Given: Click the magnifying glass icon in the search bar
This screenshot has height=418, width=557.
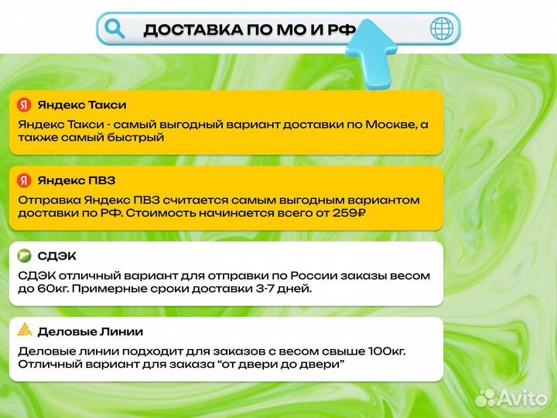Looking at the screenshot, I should tap(114, 29).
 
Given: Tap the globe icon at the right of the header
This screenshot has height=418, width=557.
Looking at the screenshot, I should tap(442, 29).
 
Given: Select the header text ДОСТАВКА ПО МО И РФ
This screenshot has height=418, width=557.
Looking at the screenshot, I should tap(249, 30).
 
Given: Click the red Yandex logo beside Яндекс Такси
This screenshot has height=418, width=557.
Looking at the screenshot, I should tap(24, 105).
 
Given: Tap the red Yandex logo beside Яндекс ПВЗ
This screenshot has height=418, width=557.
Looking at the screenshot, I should tap(24, 180).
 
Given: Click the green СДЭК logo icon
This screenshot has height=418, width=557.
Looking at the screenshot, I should tap(24, 256).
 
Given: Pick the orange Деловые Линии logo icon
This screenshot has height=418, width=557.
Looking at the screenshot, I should tap(24, 331).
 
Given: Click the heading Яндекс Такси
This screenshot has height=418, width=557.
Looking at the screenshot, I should tap(82, 105).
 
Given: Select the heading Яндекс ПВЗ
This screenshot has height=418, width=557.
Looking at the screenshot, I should tap(77, 180).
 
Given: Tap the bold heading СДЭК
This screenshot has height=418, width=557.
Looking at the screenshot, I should tap(57, 256).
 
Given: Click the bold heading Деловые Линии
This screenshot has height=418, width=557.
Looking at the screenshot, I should tap(91, 331).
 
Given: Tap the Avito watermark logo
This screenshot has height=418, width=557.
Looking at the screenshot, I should tap(511, 397).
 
